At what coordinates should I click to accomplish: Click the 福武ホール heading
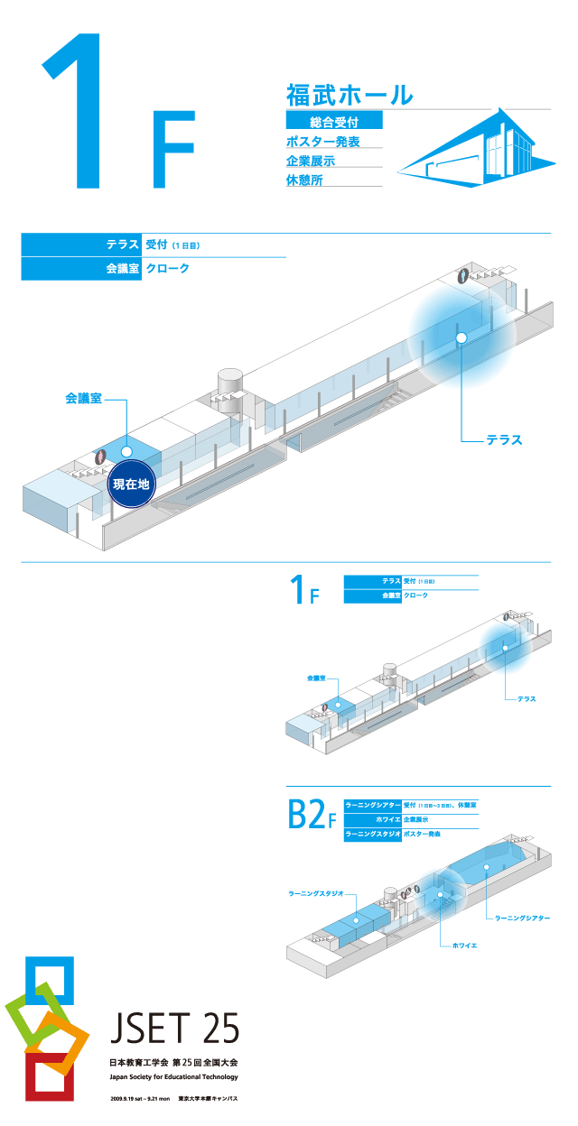click(350, 94)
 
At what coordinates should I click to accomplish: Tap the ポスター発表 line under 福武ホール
click(322, 141)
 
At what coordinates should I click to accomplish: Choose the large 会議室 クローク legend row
click(153, 268)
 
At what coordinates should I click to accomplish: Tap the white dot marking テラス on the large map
click(461, 337)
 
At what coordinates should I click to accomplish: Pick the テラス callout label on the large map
click(504, 440)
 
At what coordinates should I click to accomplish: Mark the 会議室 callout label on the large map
click(83, 397)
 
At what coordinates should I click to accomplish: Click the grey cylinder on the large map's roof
click(229, 379)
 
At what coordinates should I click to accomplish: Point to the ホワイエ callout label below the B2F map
click(464, 946)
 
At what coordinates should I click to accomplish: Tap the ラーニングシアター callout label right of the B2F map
click(522, 918)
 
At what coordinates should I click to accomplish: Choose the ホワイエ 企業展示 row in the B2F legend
click(411, 819)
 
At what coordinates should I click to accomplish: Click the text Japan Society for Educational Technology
click(173, 1076)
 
